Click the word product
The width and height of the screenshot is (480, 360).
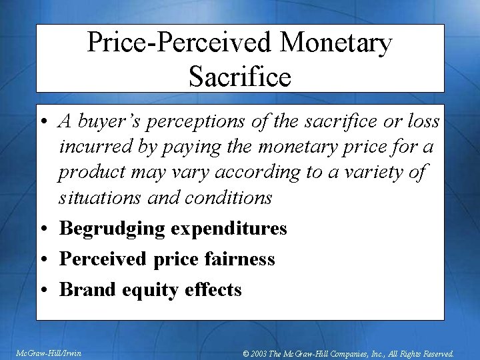(x=87, y=172)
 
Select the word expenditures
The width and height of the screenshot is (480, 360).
(x=229, y=229)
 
